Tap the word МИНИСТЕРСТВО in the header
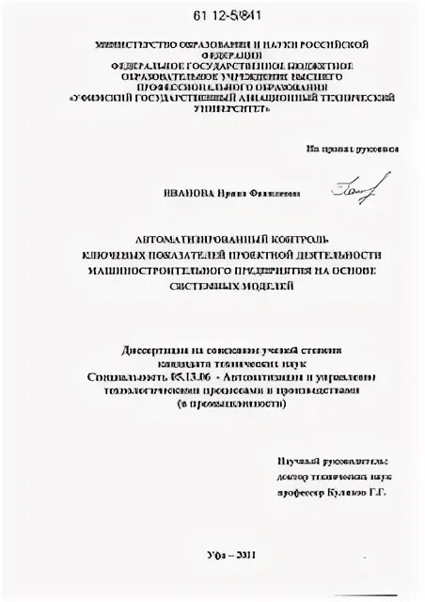(129, 44)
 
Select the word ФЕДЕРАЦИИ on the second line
(225, 55)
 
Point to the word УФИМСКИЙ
(106, 97)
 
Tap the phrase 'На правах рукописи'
(352, 150)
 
